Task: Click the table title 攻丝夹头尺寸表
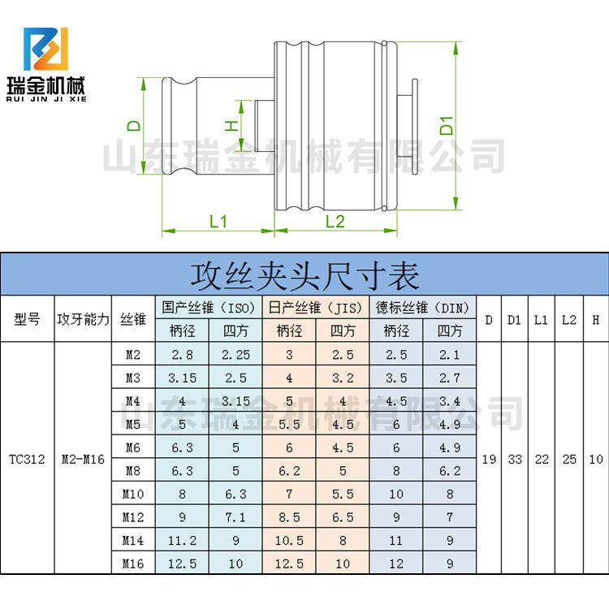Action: click(x=304, y=275)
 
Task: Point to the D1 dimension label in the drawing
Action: click(x=446, y=127)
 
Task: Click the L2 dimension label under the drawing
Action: click(x=335, y=221)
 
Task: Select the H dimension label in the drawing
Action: click(x=230, y=125)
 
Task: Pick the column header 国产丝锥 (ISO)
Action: click(x=209, y=308)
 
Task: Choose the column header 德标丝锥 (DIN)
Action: click(x=422, y=308)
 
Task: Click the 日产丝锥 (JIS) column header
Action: click(x=316, y=308)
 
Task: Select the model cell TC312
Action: click(x=27, y=459)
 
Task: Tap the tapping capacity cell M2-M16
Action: click(x=83, y=459)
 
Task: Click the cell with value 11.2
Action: click(x=182, y=540)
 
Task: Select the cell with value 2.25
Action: click(x=235, y=354)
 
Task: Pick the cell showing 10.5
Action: click(x=289, y=540)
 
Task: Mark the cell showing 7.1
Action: click(x=235, y=517)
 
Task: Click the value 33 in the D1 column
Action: click(x=515, y=459)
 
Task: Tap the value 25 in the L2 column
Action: click(x=569, y=459)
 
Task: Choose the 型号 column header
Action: click(x=27, y=319)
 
